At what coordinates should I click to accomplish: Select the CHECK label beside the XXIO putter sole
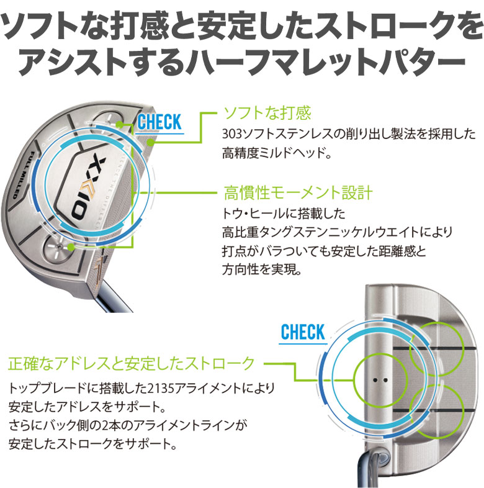[x=159, y=121]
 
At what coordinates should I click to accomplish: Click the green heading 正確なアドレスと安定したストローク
[x=131, y=363]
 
